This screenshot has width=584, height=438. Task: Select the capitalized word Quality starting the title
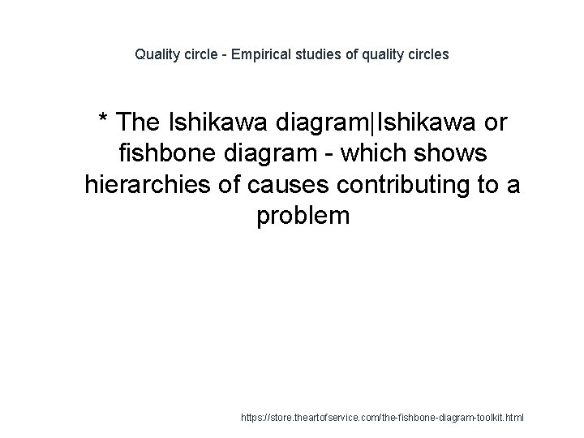pos(154,54)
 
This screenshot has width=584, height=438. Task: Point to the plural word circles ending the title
pos(428,54)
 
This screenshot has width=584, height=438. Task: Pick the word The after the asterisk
pos(139,122)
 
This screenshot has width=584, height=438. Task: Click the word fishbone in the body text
pos(170,153)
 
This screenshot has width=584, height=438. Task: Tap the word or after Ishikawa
pos(494,122)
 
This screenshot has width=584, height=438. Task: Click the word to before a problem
pos(489,184)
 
